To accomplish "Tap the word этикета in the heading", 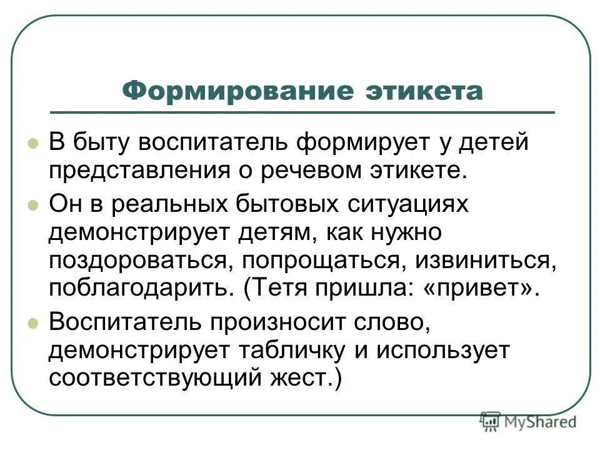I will click(423, 92).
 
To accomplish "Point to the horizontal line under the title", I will click(337, 112).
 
